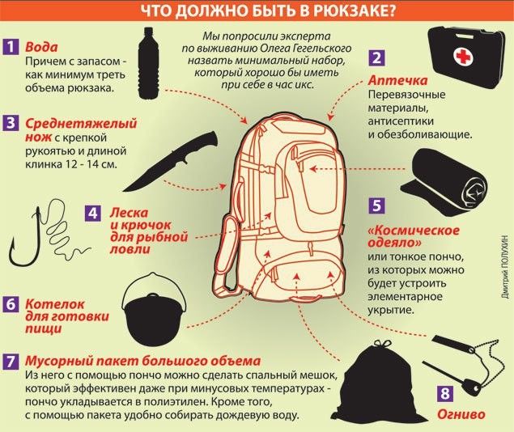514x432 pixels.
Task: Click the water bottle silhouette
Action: point(148,63)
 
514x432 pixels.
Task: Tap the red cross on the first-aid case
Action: point(462,57)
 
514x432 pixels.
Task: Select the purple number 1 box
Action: point(11,46)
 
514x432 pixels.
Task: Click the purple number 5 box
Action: point(376,205)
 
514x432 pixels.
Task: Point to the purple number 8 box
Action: point(445,392)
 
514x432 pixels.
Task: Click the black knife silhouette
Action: point(170,161)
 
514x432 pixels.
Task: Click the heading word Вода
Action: point(41,47)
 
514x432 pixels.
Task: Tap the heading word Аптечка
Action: point(397,80)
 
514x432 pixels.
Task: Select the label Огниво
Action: point(461,414)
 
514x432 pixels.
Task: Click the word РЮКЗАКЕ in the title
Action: point(355,11)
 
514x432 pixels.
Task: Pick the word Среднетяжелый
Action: point(81,124)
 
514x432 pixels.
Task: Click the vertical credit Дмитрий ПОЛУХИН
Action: point(506,266)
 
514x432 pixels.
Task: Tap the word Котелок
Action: point(55,304)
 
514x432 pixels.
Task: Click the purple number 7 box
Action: point(11,362)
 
